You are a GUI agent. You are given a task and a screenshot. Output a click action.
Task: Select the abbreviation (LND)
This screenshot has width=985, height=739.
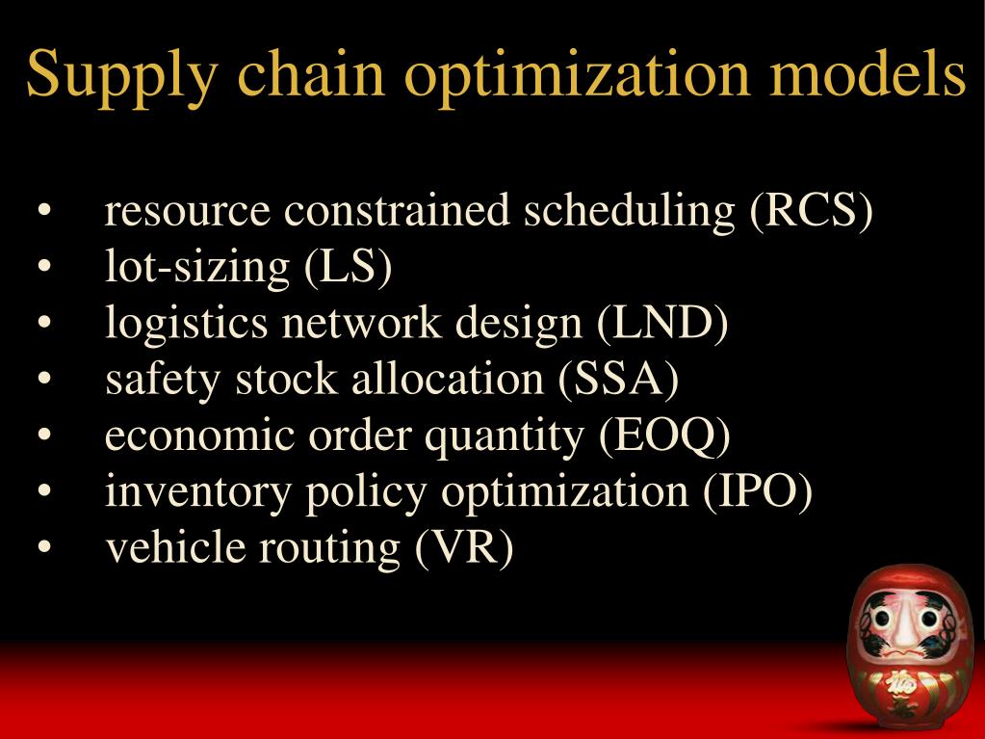[662, 323]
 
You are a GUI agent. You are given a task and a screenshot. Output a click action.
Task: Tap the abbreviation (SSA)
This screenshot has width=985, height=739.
[618, 379]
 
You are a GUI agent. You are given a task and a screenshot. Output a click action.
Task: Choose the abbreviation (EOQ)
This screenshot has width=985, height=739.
[664, 435]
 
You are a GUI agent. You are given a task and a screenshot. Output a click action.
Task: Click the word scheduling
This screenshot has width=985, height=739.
[629, 212]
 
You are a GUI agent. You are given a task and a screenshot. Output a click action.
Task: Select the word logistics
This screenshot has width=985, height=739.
[187, 324]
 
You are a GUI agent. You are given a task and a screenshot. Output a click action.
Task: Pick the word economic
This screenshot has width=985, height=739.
[201, 435]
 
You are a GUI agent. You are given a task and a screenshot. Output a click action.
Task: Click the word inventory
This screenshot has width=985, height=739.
[199, 492]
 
